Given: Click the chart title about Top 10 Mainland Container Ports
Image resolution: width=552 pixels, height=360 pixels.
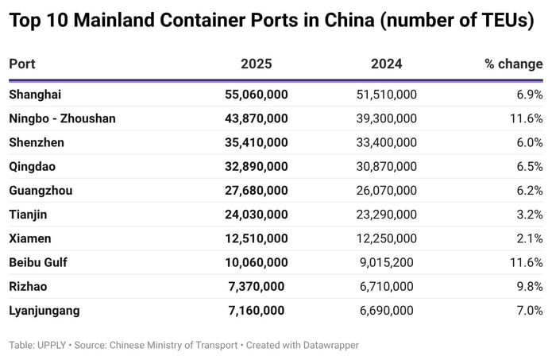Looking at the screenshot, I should coord(271,21).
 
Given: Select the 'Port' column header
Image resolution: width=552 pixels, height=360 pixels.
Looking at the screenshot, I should coord(22,64).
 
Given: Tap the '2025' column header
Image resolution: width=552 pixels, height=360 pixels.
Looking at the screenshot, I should coord(256,64).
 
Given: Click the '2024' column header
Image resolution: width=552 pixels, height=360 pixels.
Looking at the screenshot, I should coord(386,64).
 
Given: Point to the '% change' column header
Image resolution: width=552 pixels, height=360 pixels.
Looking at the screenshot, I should coord(513,64).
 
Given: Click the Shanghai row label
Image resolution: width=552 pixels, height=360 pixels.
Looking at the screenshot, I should coord(35,95).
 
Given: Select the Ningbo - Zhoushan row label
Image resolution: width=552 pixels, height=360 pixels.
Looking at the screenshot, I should coord(62,118).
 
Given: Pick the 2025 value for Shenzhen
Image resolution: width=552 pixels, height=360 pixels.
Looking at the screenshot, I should coord(256,142).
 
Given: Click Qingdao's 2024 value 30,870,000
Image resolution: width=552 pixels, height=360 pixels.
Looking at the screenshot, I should coord(386,167).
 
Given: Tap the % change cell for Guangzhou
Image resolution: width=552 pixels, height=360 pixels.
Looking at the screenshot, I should coord(529,191).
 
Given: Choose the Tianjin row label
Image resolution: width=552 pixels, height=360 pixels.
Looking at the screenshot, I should coord(29,215).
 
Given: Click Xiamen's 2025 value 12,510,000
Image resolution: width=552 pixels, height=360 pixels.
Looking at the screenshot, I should coord(256,238).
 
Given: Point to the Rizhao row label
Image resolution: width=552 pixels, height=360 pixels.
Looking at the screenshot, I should coord(29,286).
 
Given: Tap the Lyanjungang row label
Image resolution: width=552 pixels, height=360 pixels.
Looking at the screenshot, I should coord(44,310).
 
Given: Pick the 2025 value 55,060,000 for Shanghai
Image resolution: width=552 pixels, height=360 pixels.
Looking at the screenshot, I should coord(256,95).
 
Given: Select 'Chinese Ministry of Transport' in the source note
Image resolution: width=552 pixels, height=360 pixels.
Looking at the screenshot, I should coord(175,345).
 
